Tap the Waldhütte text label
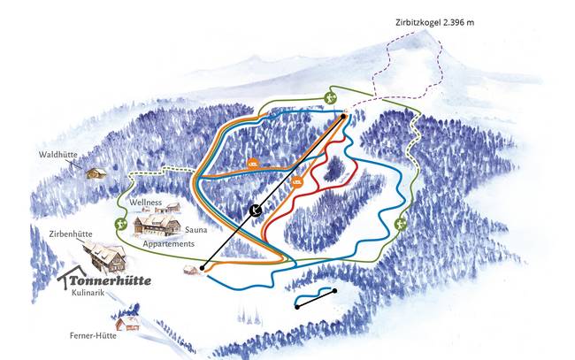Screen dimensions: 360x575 [x=57, y=156]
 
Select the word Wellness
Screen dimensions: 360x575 [x=146, y=203]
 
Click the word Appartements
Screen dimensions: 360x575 [x=167, y=242]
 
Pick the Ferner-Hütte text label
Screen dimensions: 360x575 [x=95, y=335]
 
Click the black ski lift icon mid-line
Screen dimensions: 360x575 [x=254, y=210]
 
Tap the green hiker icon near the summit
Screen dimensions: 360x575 [x=330, y=98]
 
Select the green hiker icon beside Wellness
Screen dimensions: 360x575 [x=119, y=225]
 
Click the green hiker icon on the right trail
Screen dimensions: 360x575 [x=402, y=225]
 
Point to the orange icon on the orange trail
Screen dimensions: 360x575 [x=253, y=163]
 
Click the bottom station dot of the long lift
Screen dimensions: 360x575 [x=203, y=266]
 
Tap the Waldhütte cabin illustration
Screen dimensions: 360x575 [x=96, y=172]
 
